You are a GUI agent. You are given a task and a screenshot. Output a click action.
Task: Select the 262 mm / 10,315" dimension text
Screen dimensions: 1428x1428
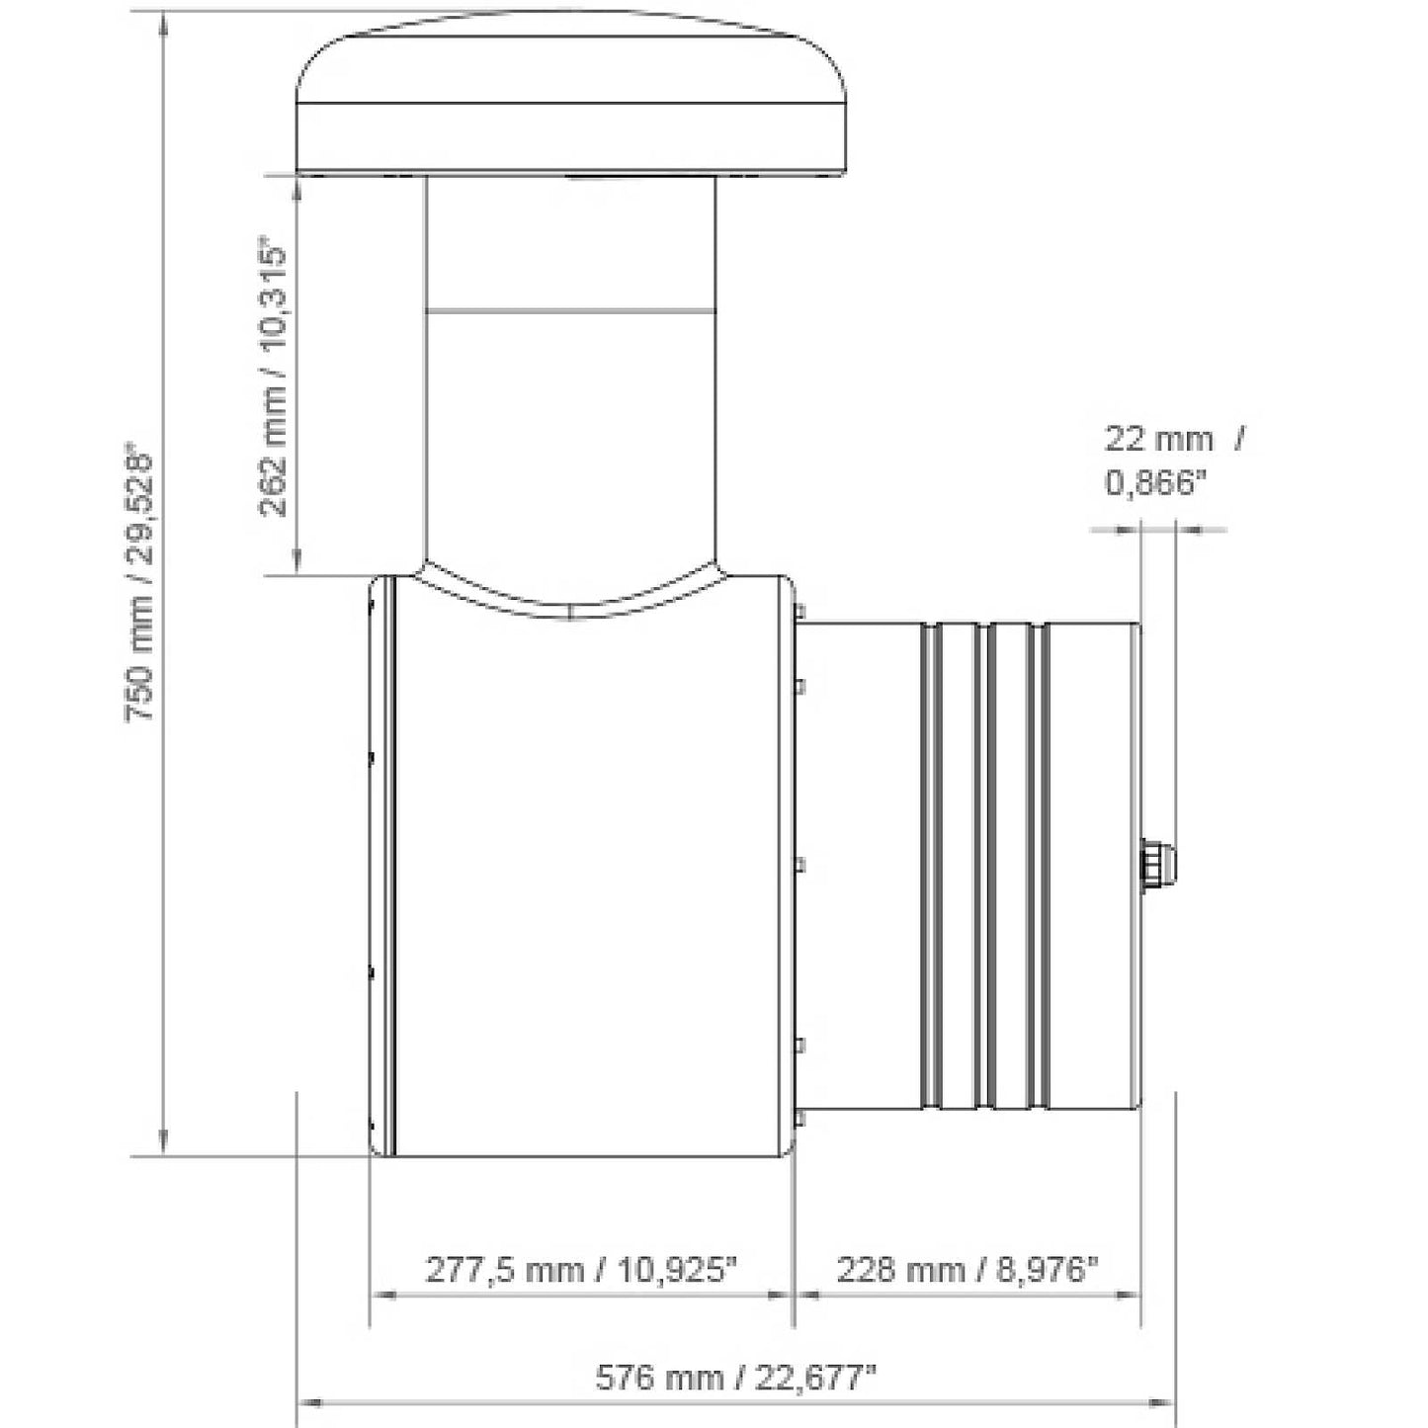274,376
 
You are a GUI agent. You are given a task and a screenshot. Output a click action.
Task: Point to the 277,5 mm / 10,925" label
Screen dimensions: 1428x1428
581,1268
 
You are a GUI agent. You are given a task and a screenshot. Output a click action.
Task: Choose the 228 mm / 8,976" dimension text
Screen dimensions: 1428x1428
967,1268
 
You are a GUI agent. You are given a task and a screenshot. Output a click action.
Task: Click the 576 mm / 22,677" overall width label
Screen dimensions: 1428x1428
735,1377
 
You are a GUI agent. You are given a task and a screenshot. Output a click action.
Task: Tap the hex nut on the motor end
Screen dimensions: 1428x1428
1154,866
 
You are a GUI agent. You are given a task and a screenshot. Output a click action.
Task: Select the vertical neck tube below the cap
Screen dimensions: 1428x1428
571,395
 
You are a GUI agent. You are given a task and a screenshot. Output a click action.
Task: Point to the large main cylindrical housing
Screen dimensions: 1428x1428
593,870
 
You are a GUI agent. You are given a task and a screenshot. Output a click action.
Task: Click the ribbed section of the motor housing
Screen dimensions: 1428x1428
983,866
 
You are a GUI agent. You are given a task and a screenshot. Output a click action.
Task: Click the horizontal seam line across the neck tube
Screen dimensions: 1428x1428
571,310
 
